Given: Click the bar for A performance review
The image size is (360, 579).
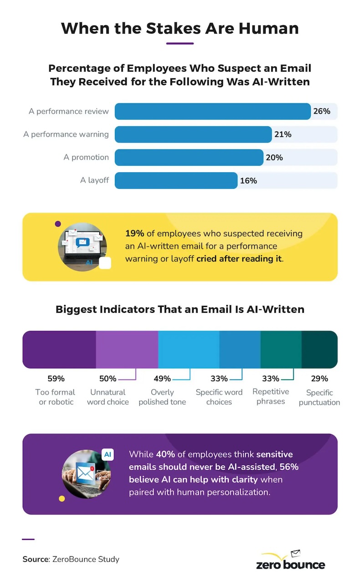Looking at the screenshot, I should [x=212, y=111].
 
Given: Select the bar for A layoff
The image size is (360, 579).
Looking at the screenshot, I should [x=176, y=181].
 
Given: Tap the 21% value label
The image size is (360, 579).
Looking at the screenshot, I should [x=283, y=134].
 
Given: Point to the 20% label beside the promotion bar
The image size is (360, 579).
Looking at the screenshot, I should [x=274, y=157].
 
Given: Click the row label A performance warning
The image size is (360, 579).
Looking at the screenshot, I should [x=66, y=134].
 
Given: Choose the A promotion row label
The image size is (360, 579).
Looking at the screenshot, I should [x=86, y=157].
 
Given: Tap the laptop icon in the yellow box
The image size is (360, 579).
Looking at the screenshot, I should [x=82, y=247].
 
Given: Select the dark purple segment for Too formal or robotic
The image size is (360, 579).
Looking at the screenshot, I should [x=59, y=350].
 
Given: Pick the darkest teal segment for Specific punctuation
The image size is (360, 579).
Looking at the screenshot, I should [x=319, y=350].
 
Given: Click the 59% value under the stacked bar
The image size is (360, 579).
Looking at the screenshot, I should [x=56, y=378].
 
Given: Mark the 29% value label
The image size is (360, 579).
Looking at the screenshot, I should [x=319, y=378].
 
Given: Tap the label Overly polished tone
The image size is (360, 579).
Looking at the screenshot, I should [x=162, y=397].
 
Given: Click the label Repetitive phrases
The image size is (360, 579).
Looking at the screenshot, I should [x=271, y=397].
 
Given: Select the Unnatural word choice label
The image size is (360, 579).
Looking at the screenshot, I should [x=108, y=397].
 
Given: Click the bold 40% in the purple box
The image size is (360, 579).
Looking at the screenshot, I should [x=165, y=455].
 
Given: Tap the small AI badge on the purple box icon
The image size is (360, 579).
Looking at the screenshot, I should [x=108, y=455].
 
